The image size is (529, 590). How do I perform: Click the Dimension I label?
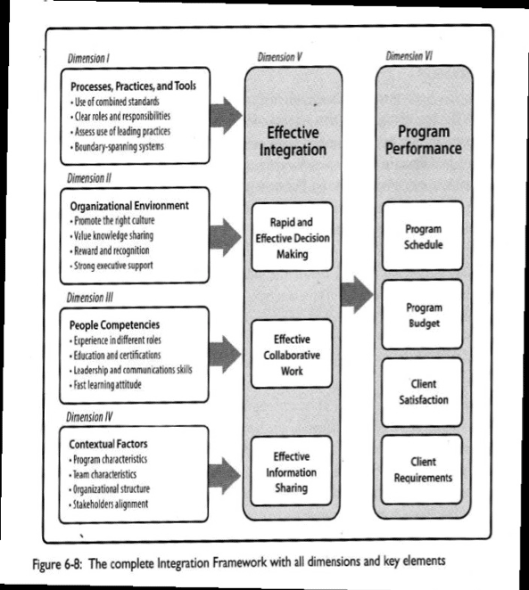point(88,58)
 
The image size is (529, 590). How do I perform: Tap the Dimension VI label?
point(409,56)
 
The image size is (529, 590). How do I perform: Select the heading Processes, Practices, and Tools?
point(133,86)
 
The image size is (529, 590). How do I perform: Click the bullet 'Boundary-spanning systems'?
point(117,146)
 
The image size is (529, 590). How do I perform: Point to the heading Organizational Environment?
point(129,206)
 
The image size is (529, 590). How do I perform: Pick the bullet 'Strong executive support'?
point(112,266)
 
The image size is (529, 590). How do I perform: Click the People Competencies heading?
point(114,324)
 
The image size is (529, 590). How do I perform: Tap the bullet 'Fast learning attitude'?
point(105,384)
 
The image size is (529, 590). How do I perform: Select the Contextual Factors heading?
point(108,444)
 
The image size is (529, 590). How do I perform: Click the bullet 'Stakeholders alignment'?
point(109,504)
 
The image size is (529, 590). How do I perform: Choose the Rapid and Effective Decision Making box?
point(293,237)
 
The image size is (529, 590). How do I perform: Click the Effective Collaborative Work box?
point(292,354)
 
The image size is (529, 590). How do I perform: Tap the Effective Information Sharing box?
point(292,471)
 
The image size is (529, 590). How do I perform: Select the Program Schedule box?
point(423,236)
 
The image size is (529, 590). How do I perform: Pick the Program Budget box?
point(423,315)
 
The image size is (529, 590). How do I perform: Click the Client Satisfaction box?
point(422,392)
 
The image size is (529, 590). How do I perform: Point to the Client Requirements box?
point(422,470)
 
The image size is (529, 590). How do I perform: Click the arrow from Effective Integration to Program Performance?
point(357,294)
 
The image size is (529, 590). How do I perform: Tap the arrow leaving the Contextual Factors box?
point(225,476)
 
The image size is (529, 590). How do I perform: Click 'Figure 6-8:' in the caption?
point(57,564)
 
